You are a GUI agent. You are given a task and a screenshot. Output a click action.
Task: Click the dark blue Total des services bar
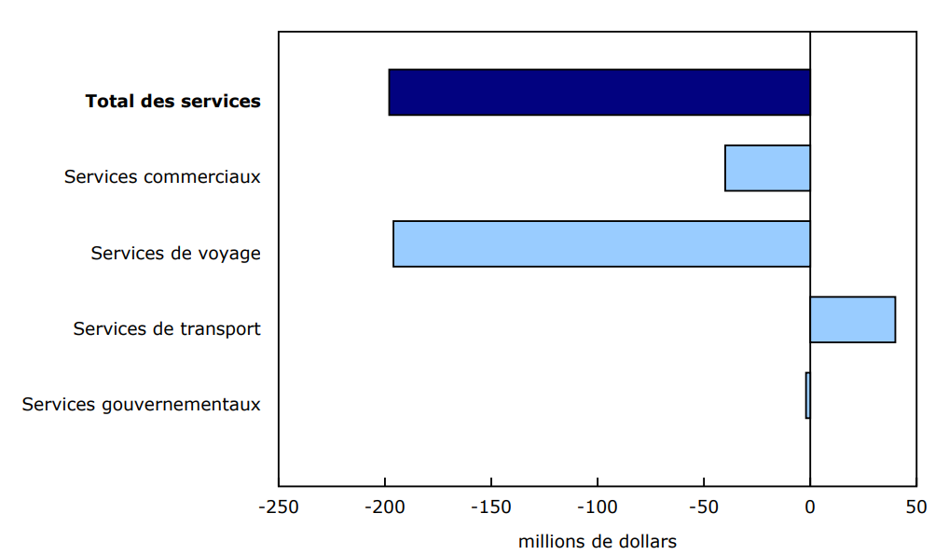pyautogui.click(x=598, y=92)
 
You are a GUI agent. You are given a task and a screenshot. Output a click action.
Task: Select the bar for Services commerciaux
pyautogui.click(x=767, y=168)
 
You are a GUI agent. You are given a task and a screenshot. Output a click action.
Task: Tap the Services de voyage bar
pyautogui.click(x=601, y=243)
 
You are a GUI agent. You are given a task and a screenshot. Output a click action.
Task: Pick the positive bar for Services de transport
pyautogui.click(x=852, y=320)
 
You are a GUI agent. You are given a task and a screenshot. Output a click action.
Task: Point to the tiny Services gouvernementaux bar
pyautogui.click(x=807, y=395)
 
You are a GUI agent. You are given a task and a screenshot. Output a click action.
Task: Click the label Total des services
pyautogui.click(x=172, y=101)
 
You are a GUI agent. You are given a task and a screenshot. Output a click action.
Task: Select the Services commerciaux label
pyautogui.click(x=162, y=176)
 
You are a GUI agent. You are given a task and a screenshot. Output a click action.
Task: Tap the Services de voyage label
pyautogui.click(x=175, y=253)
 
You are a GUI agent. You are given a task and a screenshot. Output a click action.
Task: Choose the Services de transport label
pyautogui.click(x=167, y=328)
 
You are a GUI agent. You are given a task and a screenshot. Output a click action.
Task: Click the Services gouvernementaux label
pyautogui.click(x=142, y=405)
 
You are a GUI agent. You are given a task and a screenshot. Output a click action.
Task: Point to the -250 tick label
pyautogui.click(x=278, y=507)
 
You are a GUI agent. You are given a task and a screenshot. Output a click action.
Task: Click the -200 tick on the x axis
pyautogui.click(x=385, y=507)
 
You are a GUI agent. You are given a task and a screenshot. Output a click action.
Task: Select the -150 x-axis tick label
pyautogui.click(x=491, y=507)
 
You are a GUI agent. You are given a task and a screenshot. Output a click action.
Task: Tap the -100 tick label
pyautogui.click(x=598, y=507)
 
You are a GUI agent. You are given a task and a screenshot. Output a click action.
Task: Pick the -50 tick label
pyautogui.click(x=704, y=507)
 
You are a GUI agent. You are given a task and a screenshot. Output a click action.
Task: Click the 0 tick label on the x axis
pyautogui.click(x=810, y=507)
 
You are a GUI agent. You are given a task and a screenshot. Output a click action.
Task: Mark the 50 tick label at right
pyautogui.click(x=916, y=507)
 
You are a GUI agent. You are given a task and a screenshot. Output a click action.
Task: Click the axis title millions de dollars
pyautogui.click(x=598, y=541)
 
